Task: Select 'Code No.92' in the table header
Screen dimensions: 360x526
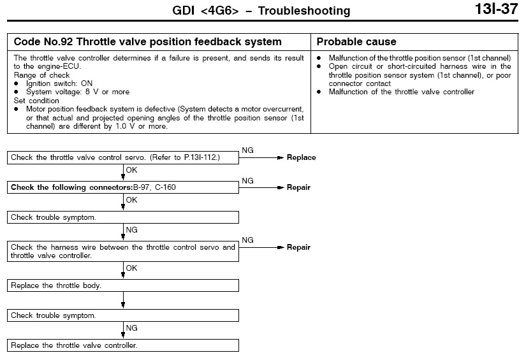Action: click(x=41, y=42)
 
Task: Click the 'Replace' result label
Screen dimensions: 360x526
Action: click(x=301, y=157)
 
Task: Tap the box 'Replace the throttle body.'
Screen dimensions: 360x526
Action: click(x=123, y=285)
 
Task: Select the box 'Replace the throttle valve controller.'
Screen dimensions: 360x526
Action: click(x=123, y=345)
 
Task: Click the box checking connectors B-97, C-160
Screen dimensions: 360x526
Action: click(x=123, y=188)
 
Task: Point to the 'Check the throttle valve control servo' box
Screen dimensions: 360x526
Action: click(x=123, y=157)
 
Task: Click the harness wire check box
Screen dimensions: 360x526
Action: click(x=123, y=251)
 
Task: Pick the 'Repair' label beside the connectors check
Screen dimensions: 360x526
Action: click(x=298, y=188)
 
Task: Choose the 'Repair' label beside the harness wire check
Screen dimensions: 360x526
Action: click(x=298, y=247)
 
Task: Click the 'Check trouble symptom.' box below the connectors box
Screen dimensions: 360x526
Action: click(x=123, y=217)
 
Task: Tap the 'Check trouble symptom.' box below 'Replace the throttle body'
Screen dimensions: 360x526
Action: click(x=123, y=315)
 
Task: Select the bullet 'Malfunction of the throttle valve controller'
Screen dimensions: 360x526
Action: click(x=401, y=92)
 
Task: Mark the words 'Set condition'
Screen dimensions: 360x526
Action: click(x=36, y=101)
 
